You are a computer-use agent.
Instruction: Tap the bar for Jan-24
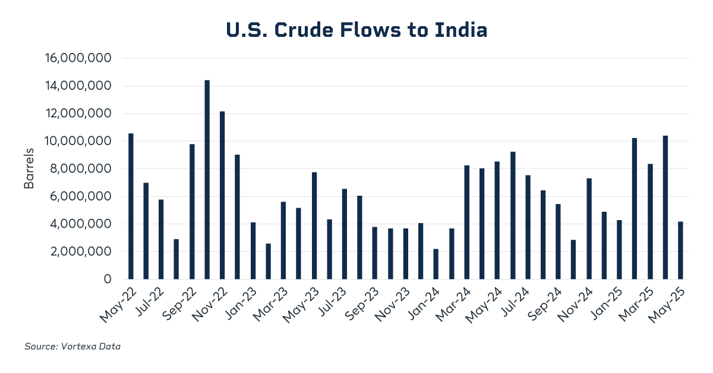436,264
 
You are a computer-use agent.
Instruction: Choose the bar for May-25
680,250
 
